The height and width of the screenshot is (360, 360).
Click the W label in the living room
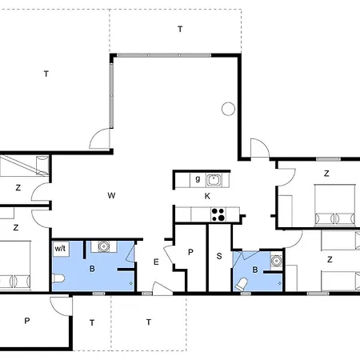pyautogui.click(x=111, y=195)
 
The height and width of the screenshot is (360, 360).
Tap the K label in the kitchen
pyautogui.click(x=207, y=196)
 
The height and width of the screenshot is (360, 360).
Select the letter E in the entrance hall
pyautogui.click(x=156, y=262)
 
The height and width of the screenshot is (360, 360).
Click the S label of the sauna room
pyautogui.click(x=219, y=256)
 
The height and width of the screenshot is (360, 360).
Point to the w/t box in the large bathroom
pyautogui.click(x=61, y=249)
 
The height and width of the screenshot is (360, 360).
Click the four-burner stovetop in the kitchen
pyautogui.click(x=218, y=214)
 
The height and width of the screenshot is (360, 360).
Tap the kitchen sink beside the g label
pyautogui.click(x=214, y=180)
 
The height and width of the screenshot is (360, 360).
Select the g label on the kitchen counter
pyautogui.click(x=198, y=178)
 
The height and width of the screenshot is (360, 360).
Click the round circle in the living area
pyautogui.click(x=228, y=109)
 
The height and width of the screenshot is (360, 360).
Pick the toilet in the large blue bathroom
pyautogui.click(x=58, y=278)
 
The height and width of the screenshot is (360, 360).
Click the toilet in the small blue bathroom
pyautogui.click(x=240, y=285)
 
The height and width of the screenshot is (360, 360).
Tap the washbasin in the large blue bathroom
pyautogui.click(x=103, y=246)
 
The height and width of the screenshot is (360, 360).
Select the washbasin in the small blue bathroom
pyautogui.click(x=277, y=260)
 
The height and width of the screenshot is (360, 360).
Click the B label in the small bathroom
pyautogui.click(x=255, y=270)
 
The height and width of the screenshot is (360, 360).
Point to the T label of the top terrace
pyautogui.click(x=180, y=29)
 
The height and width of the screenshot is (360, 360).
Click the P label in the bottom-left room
pyautogui.click(x=27, y=321)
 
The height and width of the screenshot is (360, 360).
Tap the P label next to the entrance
pyautogui.click(x=190, y=252)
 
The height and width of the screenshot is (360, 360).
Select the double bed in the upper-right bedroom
pyautogui.click(x=335, y=206)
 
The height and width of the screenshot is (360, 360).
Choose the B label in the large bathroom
pyautogui.click(x=92, y=269)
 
